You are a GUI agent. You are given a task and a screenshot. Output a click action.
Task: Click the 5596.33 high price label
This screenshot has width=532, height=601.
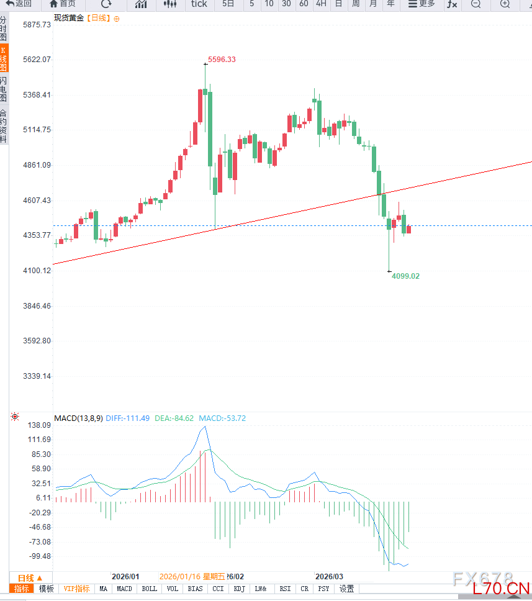(x=222, y=60)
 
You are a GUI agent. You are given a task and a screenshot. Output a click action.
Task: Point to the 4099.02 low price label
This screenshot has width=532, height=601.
(x=405, y=276)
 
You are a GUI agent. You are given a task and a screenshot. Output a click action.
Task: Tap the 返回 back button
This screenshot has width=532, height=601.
(x=19, y=4)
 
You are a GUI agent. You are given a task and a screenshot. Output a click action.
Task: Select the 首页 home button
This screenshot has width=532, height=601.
(x=63, y=4)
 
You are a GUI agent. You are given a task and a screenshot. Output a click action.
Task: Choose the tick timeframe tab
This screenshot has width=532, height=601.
(x=199, y=4)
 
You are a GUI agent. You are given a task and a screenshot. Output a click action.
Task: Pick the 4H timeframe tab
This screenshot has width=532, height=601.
(x=320, y=4)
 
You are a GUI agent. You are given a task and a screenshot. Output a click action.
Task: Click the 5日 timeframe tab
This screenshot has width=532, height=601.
(x=228, y=4)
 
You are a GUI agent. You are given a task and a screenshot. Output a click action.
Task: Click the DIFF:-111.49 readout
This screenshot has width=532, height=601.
(x=127, y=418)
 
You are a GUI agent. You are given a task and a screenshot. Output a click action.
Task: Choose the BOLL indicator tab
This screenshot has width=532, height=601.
(x=149, y=589)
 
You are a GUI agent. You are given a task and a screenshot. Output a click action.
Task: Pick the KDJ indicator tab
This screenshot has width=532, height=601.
(x=239, y=589)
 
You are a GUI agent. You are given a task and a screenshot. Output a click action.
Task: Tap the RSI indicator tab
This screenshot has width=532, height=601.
(x=285, y=589)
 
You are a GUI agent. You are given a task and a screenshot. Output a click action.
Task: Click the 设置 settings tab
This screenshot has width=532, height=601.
(x=346, y=589)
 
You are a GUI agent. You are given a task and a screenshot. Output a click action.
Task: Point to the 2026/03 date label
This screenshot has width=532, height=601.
(x=329, y=576)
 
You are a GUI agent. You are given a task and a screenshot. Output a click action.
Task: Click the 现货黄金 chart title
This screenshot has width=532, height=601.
(x=68, y=18)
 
